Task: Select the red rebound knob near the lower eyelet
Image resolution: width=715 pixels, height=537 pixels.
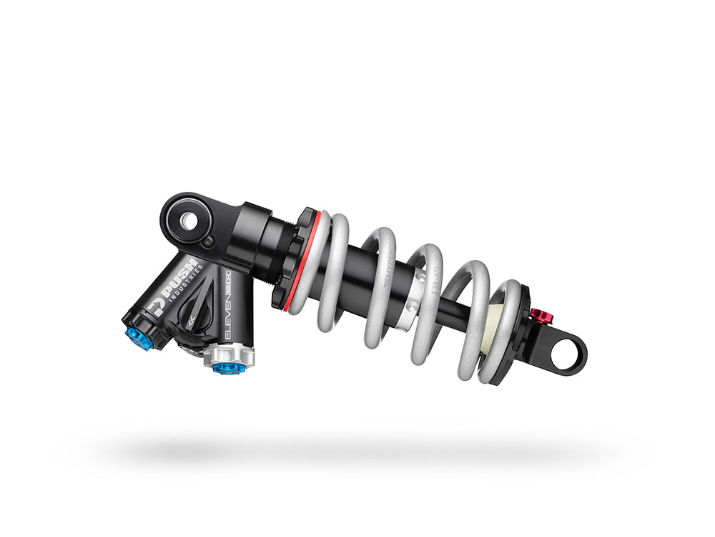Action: coord(541,316)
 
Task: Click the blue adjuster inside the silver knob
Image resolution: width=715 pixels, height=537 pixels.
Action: coord(227,367)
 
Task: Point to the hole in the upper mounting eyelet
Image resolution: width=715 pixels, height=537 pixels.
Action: coord(188,221)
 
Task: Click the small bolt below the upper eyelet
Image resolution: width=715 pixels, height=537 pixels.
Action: coord(207,244)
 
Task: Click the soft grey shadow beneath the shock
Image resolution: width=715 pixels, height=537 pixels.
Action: coord(357,451)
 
